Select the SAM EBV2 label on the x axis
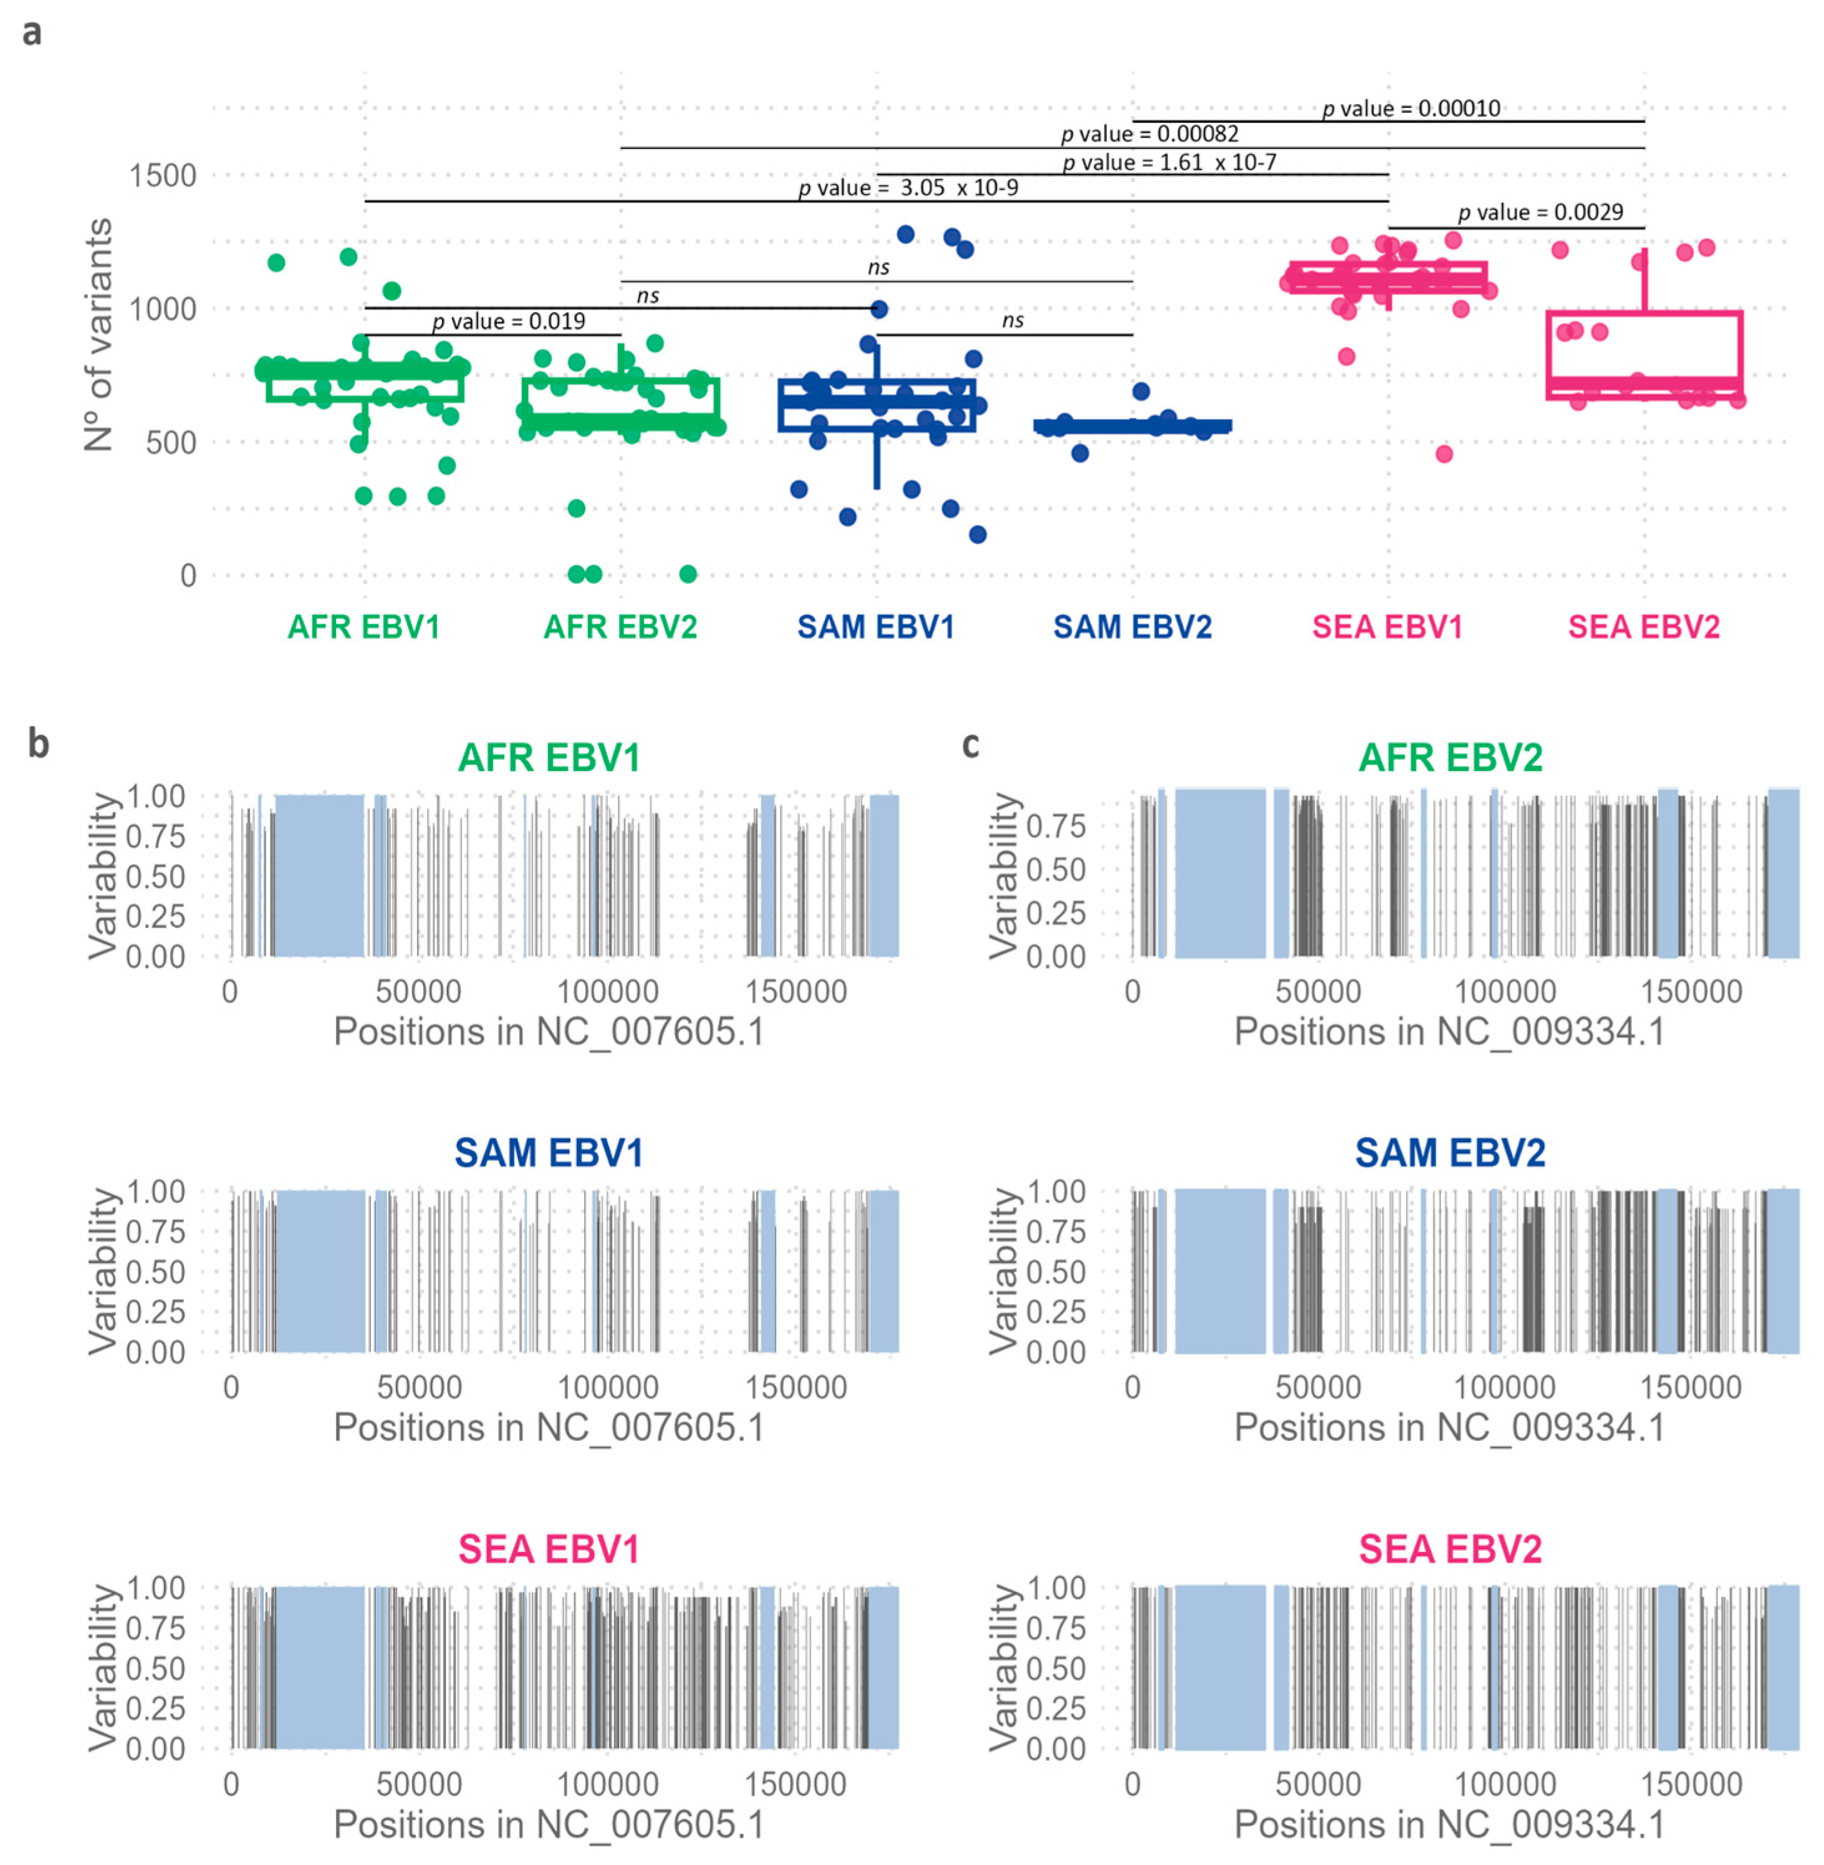[1132, 627]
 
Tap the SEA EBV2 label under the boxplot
[1644, 627]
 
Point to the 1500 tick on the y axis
[163, 175]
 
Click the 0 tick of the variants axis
[188, 575]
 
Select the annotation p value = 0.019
[509, 321]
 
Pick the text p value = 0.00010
[1411, 109]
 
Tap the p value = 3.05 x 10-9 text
[908, 188]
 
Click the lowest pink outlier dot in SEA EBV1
[1444, 453]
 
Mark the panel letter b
[37, 743]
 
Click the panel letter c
[971, 743]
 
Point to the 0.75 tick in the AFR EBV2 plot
[1056, 825]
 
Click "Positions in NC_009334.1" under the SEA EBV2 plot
[1449, 1824]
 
